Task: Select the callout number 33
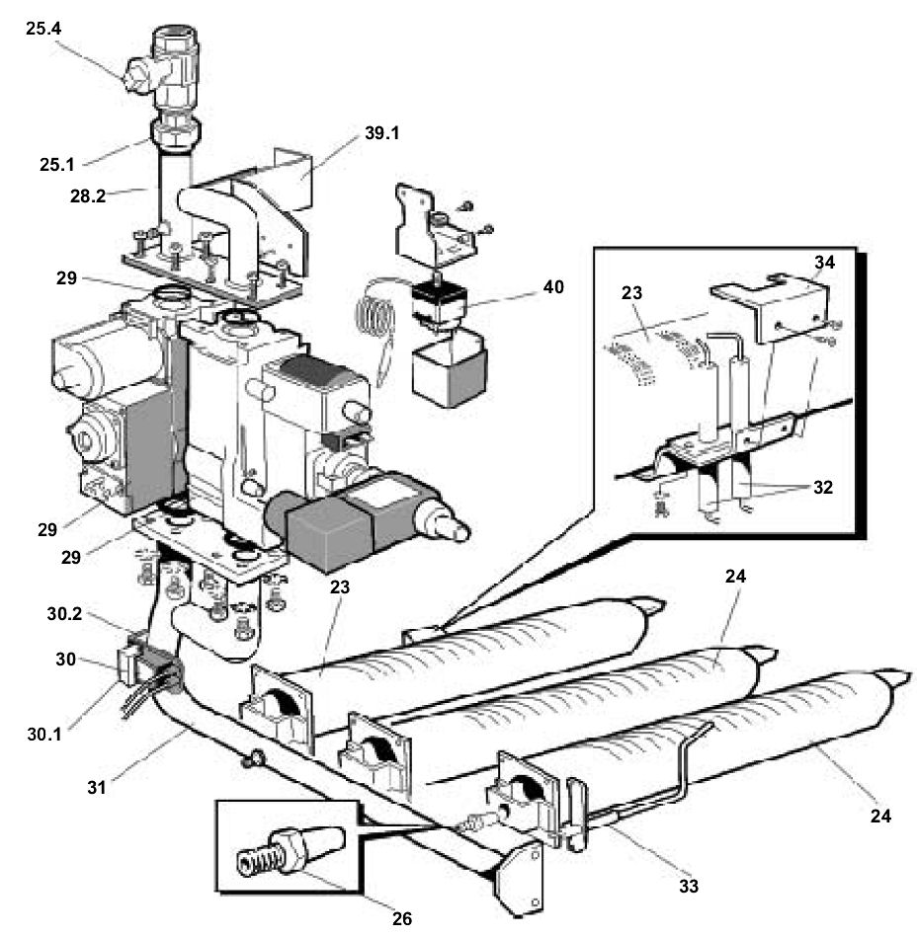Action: click(x=688, y=886)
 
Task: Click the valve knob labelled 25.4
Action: click(x=139, y=77)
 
